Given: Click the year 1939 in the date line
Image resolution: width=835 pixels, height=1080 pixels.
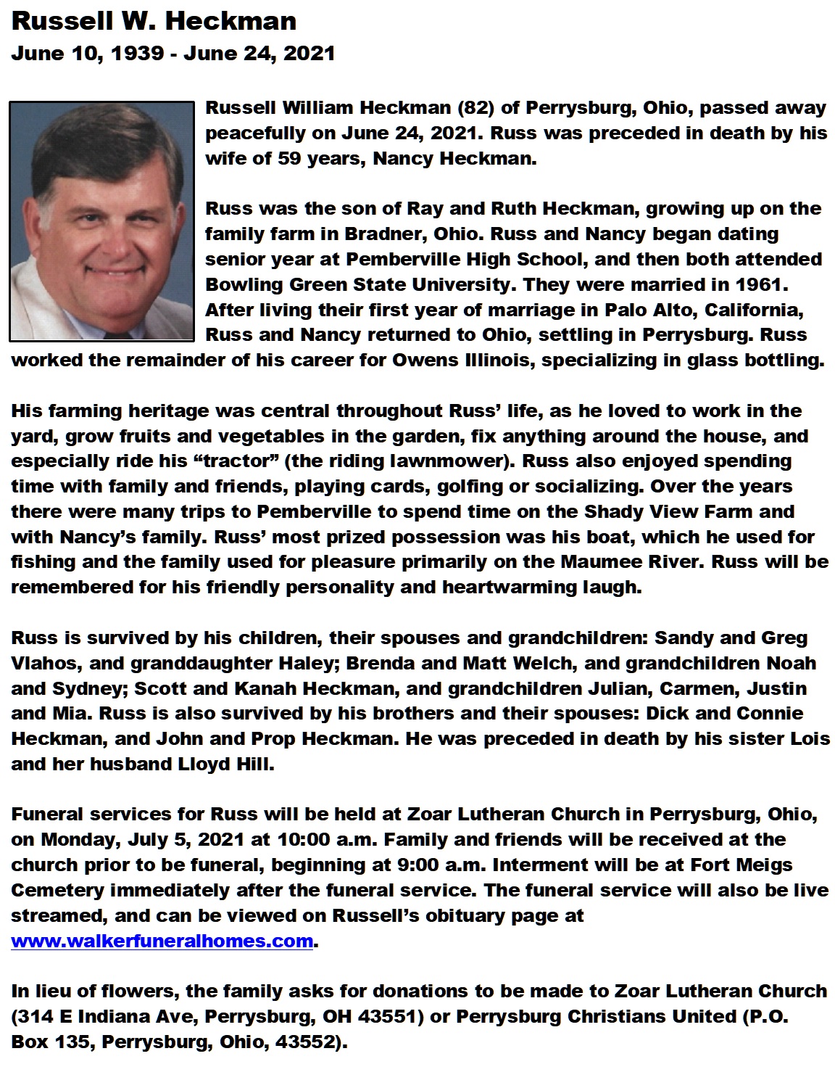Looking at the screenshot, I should tap(137, 54).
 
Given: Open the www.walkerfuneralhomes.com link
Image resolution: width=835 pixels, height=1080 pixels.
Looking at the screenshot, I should tap(162, 941).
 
